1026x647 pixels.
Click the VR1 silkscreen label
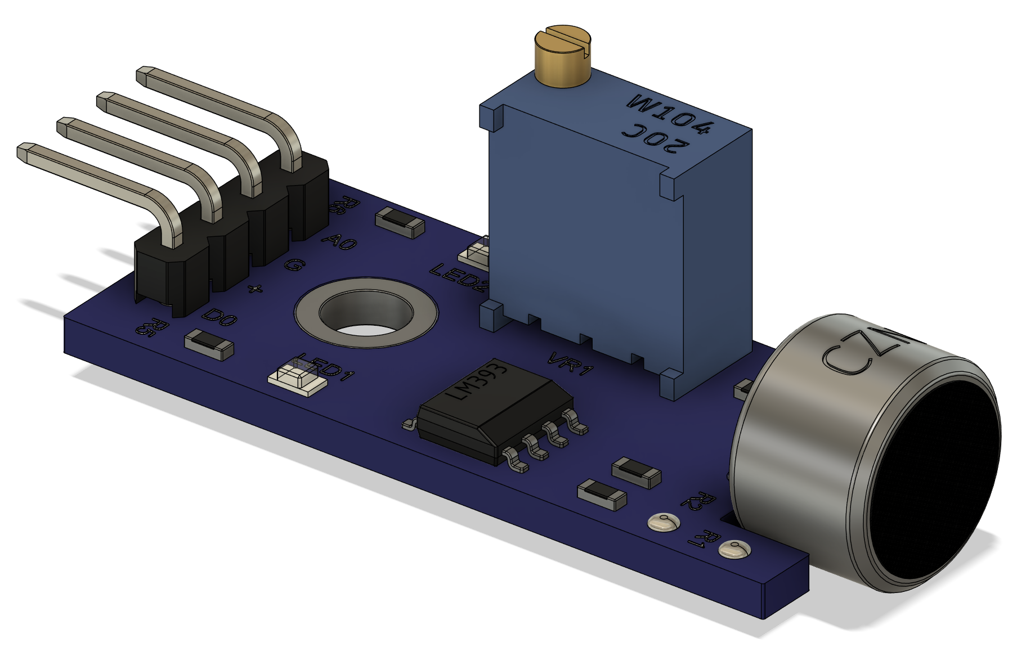coord(571,363)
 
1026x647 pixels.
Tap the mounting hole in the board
coord(365,313)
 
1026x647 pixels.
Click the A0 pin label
coord(339,241)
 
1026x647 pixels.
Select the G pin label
coord(294,264)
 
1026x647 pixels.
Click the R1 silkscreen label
coord(703,538)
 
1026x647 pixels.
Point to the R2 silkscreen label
coord(698,500)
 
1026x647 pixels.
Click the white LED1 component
coord(297,376)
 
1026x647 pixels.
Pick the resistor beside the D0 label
coord(209,344)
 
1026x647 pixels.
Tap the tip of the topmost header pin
coord(145,75)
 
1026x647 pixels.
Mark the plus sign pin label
coord(255,289)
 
